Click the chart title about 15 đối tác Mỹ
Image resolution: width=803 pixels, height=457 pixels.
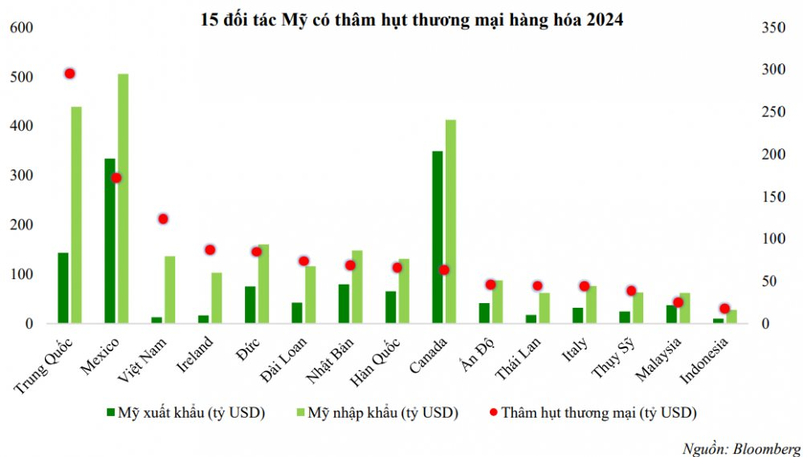[x=412, y=20]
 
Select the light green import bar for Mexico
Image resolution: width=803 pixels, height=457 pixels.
[x=123, y=198]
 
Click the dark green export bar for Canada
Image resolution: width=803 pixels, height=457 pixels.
[x=438, y=237]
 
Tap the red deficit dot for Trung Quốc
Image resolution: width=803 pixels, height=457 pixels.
[x=70, y=74]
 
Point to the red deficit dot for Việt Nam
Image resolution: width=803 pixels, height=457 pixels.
[x=163, y=219]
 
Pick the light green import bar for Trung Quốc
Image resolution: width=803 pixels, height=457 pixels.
[x=76, y=215]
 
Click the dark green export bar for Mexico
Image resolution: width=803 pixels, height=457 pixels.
[x=109, y=241]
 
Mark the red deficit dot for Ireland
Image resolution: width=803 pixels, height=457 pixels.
[x=210, y=250]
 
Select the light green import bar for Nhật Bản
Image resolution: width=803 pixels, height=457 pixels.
[x=357, y=287]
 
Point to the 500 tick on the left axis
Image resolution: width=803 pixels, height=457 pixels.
[x=21, y=77]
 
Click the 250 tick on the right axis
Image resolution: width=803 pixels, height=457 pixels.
[x=773, y=111]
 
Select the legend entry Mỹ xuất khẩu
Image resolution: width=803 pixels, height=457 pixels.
[x=186, y=413]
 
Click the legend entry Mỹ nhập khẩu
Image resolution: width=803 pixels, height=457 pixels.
[x=377, y=413]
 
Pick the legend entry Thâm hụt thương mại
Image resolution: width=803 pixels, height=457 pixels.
[x=593, y=413]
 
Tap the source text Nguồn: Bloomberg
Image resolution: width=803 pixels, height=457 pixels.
[x=742, y=448]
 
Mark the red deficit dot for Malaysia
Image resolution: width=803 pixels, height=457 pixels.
[x=679, y=302]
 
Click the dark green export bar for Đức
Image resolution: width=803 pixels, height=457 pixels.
[x=250, y=305]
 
